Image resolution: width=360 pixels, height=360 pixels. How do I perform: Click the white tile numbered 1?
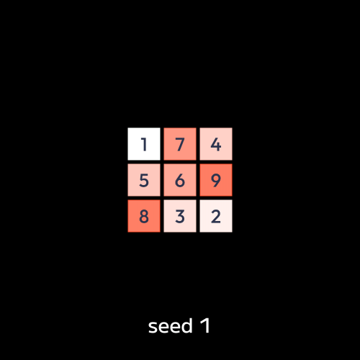[x=144, y=144]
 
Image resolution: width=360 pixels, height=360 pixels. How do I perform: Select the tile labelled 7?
[x=180, y=144]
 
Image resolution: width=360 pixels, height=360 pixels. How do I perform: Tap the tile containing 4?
[x=216, y=144]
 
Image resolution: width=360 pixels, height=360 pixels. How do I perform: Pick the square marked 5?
[x=144, y=180]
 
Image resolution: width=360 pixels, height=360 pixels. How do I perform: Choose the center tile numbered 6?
[x=180, y=180]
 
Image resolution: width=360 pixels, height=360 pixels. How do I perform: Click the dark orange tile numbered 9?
[x=216, y=180]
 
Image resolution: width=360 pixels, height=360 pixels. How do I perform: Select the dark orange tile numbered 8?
[x=144, y=216]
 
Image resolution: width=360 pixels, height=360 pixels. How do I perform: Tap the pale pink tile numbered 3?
[x=180, y=216]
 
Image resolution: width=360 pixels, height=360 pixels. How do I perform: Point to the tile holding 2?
[x=216, y=216]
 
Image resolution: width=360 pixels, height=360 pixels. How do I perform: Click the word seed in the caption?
[x=171, y=326]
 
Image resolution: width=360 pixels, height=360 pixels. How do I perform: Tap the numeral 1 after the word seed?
[x=205, y=325]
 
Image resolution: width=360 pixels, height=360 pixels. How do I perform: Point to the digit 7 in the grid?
[x=180, y=145]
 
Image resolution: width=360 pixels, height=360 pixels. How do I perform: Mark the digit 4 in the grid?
[x=216, y=145]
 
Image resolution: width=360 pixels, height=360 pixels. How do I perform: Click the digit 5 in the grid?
[x=144, y=181]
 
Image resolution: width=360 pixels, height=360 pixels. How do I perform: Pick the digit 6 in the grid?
[x=180, y=181]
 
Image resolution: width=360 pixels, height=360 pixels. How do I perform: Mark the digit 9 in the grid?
[x=216, y=181]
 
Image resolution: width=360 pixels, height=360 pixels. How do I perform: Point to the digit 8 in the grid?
[x=144, y=217]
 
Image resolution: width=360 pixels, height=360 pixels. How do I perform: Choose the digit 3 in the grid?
[x=180, y=217]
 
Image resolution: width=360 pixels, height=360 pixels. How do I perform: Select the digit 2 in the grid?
[x=216, y=217]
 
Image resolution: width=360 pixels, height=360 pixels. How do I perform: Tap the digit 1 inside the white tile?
[x=144, y=145]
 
